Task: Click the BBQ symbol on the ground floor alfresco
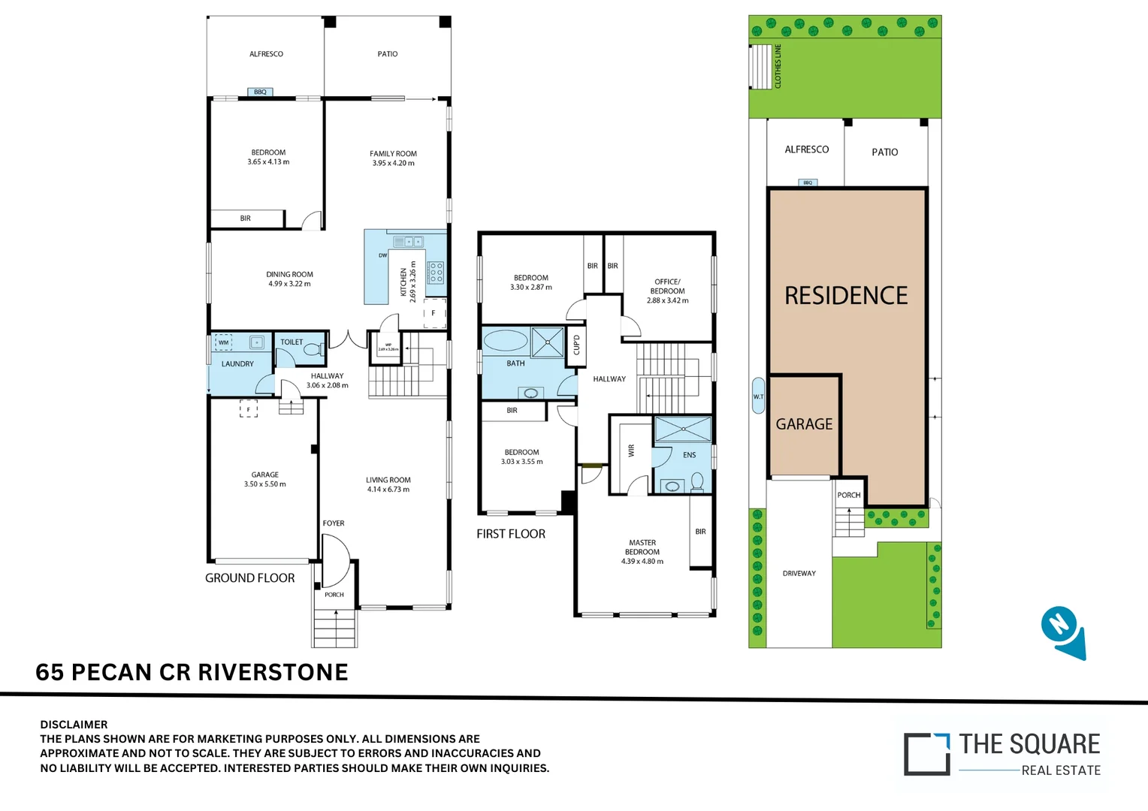point(260,92)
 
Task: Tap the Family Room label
point(393,153)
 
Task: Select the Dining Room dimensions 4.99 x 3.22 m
point(289,284)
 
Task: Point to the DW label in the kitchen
point(382,255)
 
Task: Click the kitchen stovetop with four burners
point(436,273)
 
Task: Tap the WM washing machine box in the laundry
point(223,342)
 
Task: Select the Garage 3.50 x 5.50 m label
point(264,479)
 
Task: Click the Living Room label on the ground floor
point(388,480)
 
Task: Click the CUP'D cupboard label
point(576,345)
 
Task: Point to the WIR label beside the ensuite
point(631,451)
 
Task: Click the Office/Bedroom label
point(667,286)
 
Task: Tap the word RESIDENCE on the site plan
point(846,296)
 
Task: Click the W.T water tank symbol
point(758,396)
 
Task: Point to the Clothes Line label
point(778,66)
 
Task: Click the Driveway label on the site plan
point(799,573)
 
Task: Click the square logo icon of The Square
point(926,753)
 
